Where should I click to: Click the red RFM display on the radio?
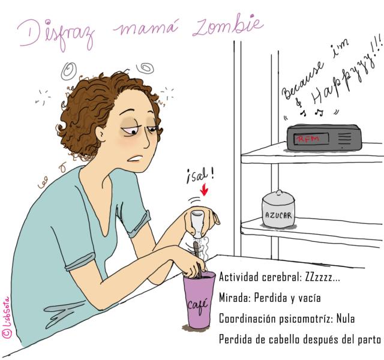click(308, 139)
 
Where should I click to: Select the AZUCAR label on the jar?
click(278, 215)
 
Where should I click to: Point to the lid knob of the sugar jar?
click(278, 192)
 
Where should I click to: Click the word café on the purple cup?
click(198, 305)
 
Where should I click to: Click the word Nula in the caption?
click(346, 319)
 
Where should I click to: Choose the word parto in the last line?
click(370, 340)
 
